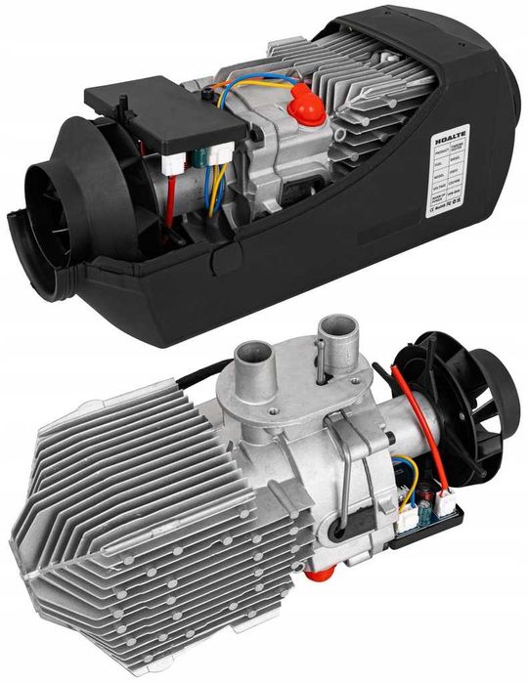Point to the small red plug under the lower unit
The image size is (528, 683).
pyautogui.click(x=315, y=579)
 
